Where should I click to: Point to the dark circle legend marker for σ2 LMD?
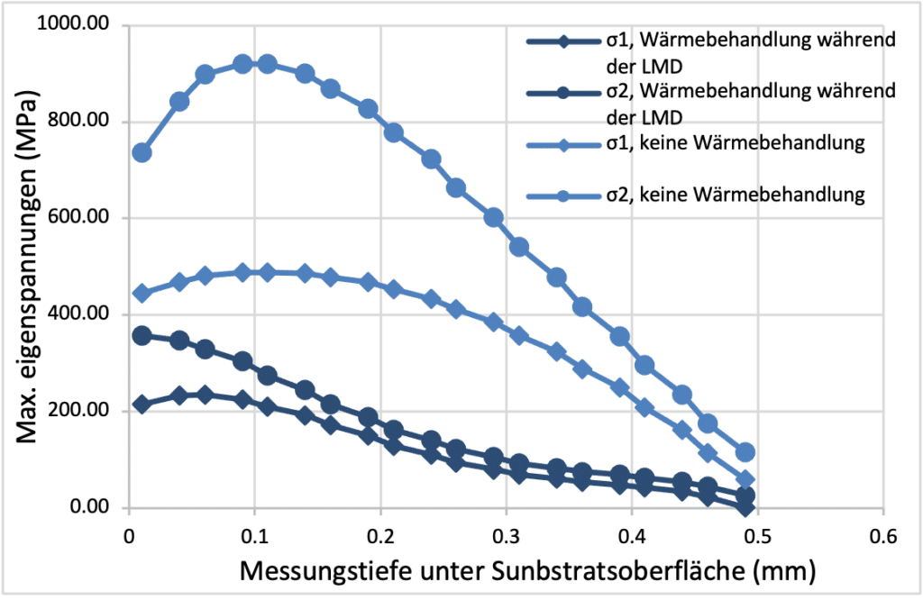(x=562, y=92)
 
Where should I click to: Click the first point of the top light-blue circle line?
(x=142, y=152)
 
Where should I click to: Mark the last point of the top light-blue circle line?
(x=745, y=452)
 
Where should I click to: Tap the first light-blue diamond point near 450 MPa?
(x=142, y=294)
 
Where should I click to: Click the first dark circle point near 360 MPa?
(x=142, y=335)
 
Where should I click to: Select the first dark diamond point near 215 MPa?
(x=142, y=405)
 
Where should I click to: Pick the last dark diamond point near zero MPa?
(x=745, y=506)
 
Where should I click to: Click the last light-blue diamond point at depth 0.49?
(x=745, y=480)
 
